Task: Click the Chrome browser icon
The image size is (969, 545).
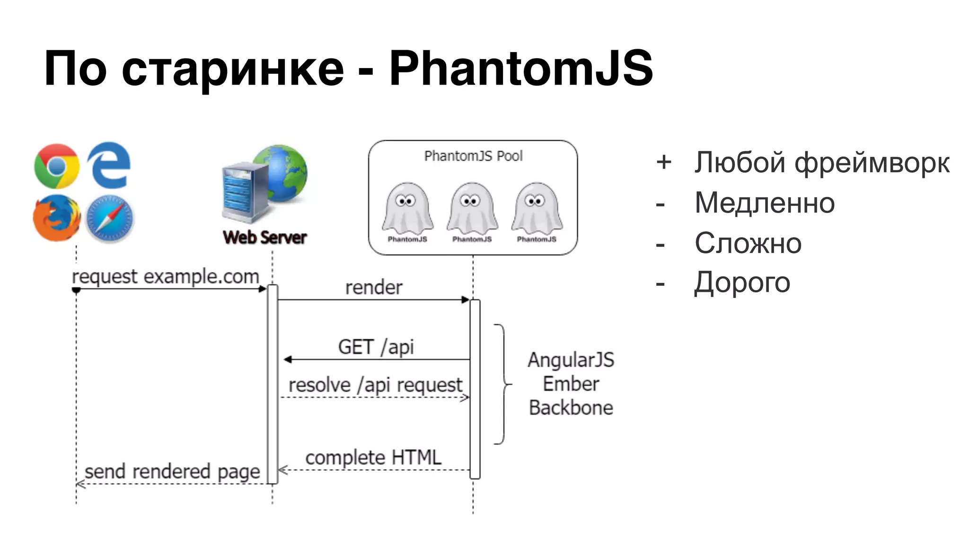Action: coord(57,166)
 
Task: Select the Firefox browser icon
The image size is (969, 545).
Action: coord(57,218)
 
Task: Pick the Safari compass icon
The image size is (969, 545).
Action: coord(110,219)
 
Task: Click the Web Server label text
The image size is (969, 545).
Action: coord(264,237)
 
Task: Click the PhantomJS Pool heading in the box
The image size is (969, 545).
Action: coord(473,156)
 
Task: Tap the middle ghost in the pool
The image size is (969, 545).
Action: coord(472,208)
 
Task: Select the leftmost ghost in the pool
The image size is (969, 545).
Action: coord(407,208)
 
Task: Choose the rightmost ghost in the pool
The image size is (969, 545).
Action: coord(537,208)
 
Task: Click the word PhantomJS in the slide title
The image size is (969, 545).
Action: coord(521,69)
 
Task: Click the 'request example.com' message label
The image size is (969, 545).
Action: coord(166,276)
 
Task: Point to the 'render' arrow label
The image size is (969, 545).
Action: coord(374,287)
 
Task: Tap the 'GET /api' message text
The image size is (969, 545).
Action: coord(376,347)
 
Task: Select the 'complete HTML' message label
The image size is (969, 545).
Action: coord(373,457)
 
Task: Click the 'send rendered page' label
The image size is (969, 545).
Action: coord(172,471)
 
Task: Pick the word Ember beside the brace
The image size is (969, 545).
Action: coord(571,384)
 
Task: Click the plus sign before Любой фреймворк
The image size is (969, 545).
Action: coord(664,162)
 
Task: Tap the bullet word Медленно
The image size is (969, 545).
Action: coord(765,203)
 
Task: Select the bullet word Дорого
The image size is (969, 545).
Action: coord(742,283)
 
